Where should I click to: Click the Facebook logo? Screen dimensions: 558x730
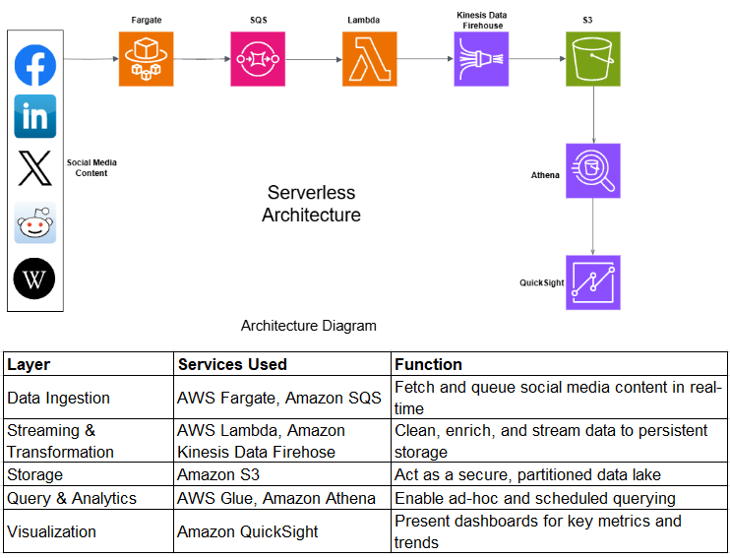[35, 66]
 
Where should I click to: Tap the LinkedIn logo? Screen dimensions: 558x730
[35, 116]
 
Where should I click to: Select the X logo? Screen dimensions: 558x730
[35, 168]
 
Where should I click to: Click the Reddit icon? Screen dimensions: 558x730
[35, 223]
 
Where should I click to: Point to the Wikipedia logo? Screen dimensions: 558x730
[35, 279]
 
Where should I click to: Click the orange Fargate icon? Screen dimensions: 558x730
[146, 59]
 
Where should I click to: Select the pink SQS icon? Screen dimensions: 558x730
[258, 59]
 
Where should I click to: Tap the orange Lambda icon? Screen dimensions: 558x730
[370, 59]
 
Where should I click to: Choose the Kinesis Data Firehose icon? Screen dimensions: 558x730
[481, 59]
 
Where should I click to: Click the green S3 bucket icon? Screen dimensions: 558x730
[593, 59]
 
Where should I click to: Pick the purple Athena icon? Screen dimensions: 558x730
[593, 171]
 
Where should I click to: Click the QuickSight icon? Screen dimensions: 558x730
[593, 282]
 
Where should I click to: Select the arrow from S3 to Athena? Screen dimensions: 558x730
[593, 115]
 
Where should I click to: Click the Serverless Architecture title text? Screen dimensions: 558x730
[311, 204]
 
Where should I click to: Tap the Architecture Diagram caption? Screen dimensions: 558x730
[308, 326]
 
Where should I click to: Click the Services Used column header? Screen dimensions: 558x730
[232, 364]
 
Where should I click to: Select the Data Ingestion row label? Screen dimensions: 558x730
[58, 399]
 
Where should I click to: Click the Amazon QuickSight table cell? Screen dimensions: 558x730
[248, 531]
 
